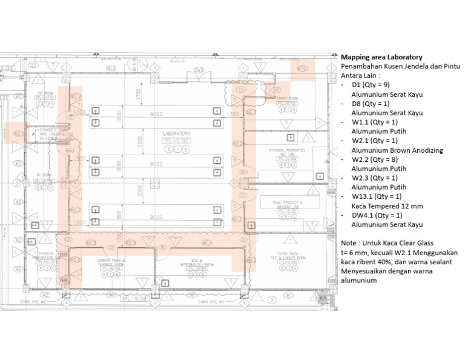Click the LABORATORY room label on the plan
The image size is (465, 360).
[x=176, y=133]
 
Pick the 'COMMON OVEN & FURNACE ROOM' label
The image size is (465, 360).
[x=110, y=263]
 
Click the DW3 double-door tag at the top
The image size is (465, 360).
[x=199, y=70]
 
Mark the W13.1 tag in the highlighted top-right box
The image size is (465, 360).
[x=301, y=69]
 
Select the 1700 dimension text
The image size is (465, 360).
[x=138, y=94]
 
